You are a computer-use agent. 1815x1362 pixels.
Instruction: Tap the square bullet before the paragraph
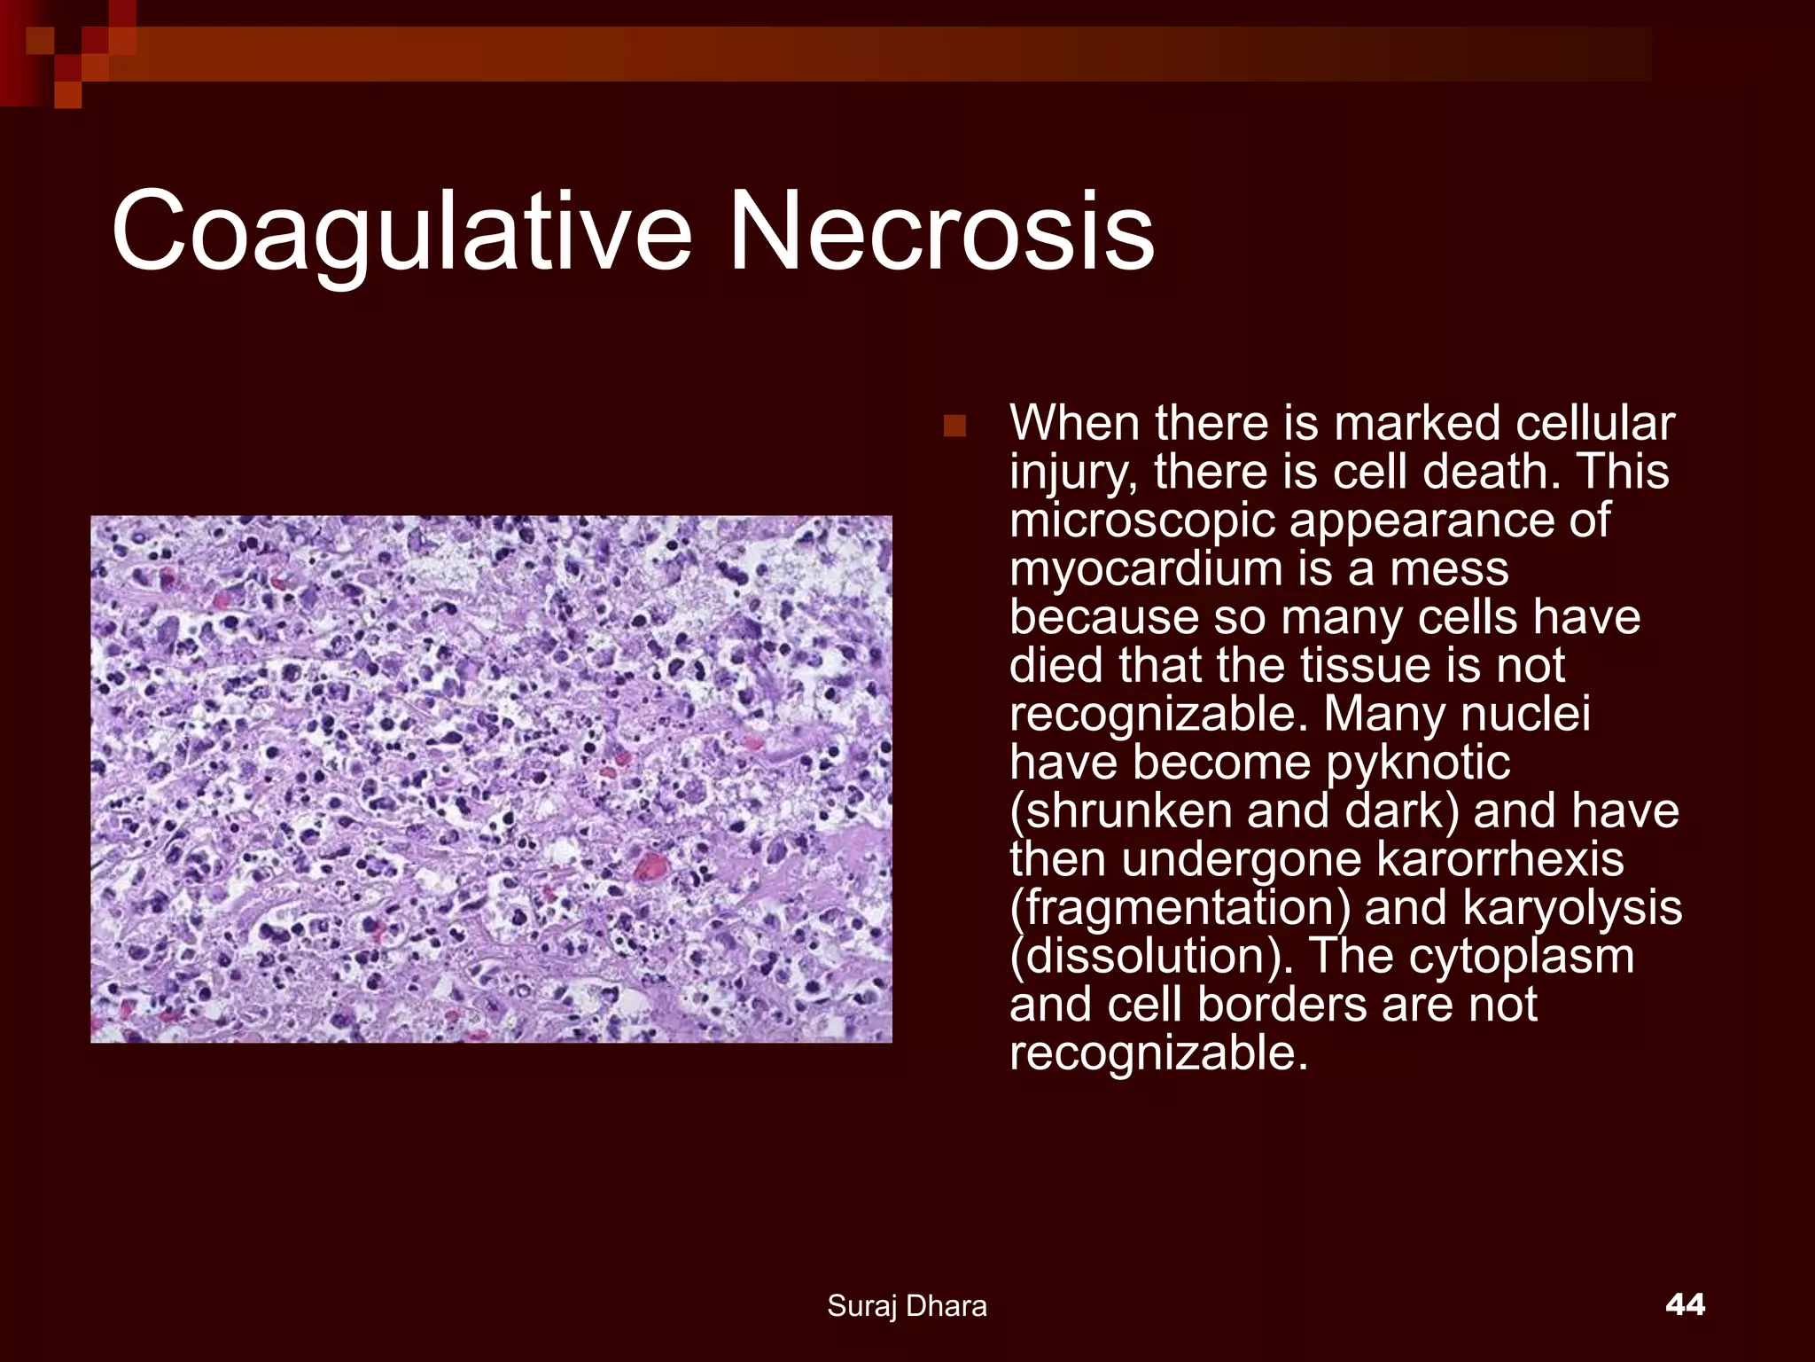pyautogui.click(x=954, y=427)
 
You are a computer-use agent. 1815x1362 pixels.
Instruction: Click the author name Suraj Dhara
pyautogui.click(x=907, y=1306)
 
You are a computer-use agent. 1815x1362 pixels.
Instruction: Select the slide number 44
pyautogui.click(x=1685, y=1304)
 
